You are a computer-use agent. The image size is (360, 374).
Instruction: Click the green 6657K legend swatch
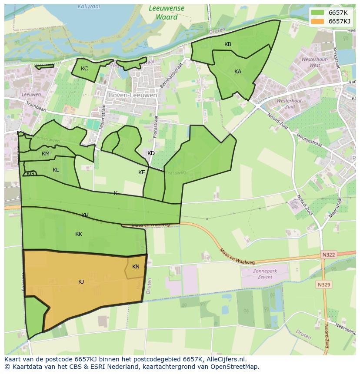click(318, 12)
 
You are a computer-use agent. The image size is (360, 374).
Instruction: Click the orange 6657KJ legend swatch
click(318, 21)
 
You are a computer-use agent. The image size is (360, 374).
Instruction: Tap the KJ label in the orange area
click(81, 282)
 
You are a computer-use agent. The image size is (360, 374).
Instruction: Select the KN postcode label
click(136, 267)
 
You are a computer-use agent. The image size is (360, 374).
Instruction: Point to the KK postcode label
click(79, 234)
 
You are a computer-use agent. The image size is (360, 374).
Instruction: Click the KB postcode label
click(228, 44)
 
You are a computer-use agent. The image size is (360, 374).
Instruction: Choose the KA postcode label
click(238, 72)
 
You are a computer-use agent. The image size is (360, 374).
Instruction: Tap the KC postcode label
click(84, 69)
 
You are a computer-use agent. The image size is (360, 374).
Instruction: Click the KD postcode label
click(151, 153)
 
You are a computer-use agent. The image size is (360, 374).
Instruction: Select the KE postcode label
click(142, 172)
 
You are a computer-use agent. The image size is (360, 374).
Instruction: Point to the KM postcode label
click(46, 154)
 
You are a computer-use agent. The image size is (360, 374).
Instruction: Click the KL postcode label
click(56, 170)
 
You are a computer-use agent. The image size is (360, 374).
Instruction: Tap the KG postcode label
click(30, 174)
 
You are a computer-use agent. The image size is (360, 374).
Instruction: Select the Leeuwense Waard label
click(167, 13)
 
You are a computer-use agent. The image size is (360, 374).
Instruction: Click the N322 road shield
click(329, 255)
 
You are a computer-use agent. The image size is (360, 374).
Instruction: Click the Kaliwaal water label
click(89, 7)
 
